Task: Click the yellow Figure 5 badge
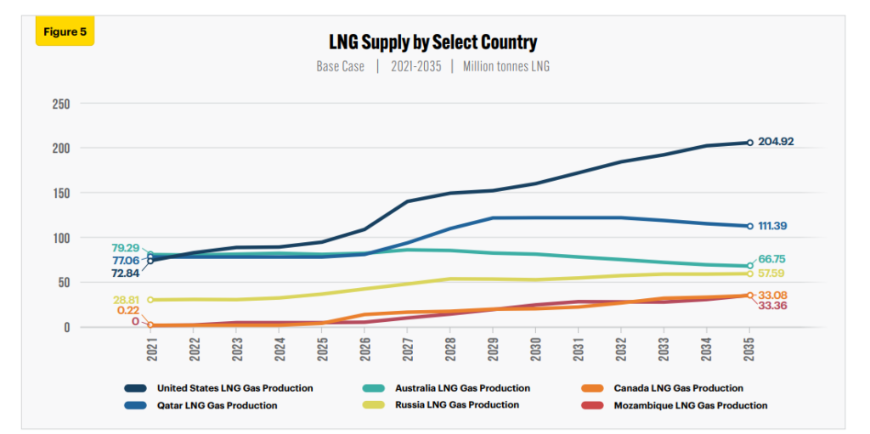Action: click(65, 31)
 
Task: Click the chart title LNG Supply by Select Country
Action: click(433, 42)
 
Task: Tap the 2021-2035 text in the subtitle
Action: click(415, 66)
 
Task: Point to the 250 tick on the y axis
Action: click(61, 104)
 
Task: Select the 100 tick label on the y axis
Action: click(61, 238)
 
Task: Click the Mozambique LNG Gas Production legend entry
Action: click(690, 405)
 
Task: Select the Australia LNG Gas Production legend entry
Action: click(462, 388)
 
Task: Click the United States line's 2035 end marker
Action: click(749, 143)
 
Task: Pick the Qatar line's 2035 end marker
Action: click(749, 226)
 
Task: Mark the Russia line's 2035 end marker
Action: click(749, 273)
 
